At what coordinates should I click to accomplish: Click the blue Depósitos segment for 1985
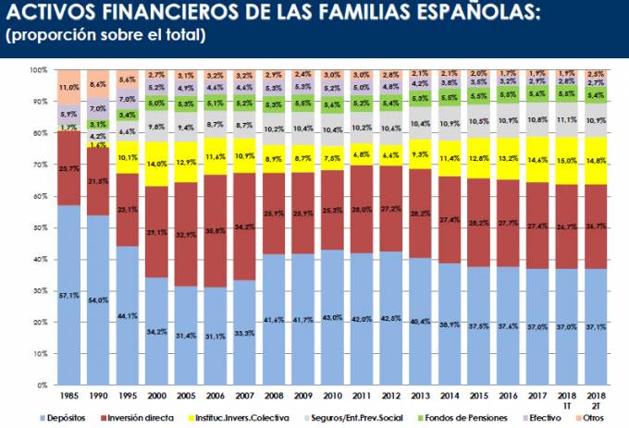click(x=68, y=296)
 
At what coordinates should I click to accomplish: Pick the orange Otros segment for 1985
click(x=68, y=87)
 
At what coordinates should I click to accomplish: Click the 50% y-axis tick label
click(x=39, y=228)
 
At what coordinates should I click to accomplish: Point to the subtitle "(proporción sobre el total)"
click(x=105, y=36)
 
